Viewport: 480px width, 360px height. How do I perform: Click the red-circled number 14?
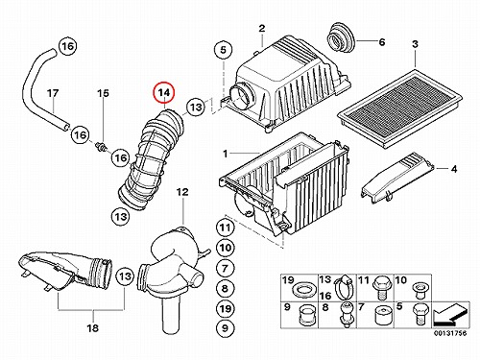[164, 92]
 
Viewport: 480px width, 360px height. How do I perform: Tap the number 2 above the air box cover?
[262, 29]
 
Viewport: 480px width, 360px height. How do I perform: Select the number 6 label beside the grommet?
[382, 41]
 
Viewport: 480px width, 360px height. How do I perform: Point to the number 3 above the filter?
[415, 44]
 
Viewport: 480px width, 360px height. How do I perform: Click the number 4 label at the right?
[454, 169]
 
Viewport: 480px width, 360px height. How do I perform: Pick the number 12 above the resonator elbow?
[182, 192]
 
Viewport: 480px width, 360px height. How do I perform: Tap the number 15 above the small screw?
[103, 93]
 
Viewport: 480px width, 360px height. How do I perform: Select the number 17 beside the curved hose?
[53, 93]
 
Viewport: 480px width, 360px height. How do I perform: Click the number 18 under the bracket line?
[92, 328]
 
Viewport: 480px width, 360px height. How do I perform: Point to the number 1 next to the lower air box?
[226, 154]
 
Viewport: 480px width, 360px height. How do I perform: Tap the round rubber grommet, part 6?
[341, 37]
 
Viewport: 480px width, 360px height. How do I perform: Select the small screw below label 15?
[102, 147]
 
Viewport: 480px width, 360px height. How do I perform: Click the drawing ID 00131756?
[450, 333]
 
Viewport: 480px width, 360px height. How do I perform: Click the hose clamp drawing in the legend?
[344, 285]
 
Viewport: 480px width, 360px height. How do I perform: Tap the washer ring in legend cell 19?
[304, 290]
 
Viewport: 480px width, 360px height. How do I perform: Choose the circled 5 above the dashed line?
[223, 50]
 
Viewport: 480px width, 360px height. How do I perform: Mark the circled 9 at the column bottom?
[225, 328]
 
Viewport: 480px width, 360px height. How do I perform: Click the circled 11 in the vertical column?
[225, 228]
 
